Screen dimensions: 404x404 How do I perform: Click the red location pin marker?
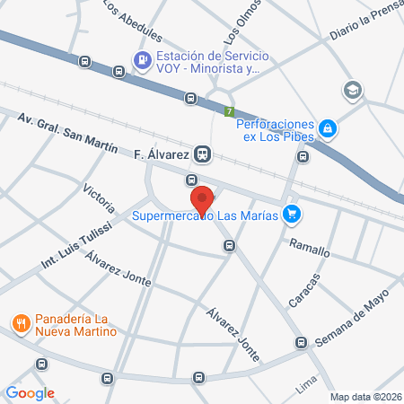click(x=202, y=199)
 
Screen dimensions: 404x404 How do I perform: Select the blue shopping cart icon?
click(x=290, y=214)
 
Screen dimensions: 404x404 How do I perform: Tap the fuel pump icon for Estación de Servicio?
click(x=141, y=61)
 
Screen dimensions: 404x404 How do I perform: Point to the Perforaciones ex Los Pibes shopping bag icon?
click(x=329, y=129)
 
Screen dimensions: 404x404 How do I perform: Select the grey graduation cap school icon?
click(x=352, y=90)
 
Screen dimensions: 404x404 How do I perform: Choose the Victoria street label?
click(x=98, y=198)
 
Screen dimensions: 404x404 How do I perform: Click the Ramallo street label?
click(x=309, y=247)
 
